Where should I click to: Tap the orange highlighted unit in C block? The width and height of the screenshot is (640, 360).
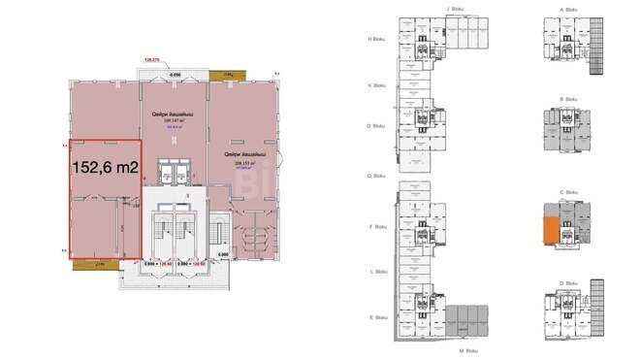click(549, 231)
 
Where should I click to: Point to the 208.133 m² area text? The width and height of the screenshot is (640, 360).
click(247, 164)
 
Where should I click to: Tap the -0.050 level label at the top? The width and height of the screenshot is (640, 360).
click(176, 74)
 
